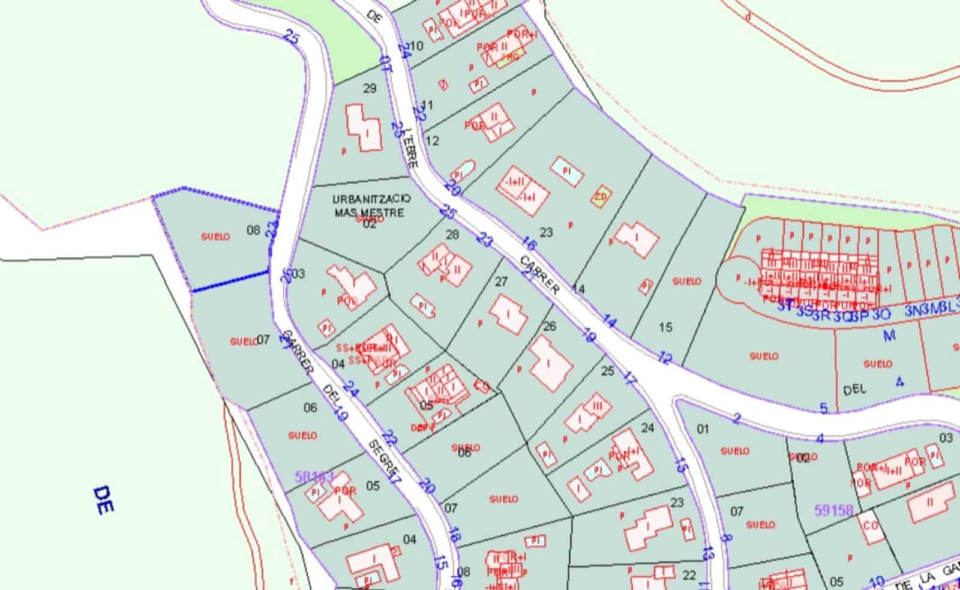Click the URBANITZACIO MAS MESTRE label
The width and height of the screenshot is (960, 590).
point(371,205)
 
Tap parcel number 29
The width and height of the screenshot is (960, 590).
point(370,88)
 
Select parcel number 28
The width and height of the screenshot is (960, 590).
point(452,234)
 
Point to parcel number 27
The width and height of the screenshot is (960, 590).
point(501,281)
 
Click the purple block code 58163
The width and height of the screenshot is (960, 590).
point(314,477)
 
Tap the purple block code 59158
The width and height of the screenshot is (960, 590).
point(833,511)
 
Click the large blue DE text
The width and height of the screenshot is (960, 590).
point(104,500)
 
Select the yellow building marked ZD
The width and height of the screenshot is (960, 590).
point(600,196)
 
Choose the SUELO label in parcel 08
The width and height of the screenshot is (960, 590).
point(215,236)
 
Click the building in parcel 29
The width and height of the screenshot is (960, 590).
point(364,127)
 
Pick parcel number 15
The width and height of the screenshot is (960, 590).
point(665,327)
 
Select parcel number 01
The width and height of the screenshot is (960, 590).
point(703,429)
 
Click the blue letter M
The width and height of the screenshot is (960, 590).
point(889,335)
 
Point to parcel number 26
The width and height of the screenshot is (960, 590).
point(549,326)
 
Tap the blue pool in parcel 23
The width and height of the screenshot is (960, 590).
point(567,170)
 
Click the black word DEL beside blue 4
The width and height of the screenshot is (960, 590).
point(854,390)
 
